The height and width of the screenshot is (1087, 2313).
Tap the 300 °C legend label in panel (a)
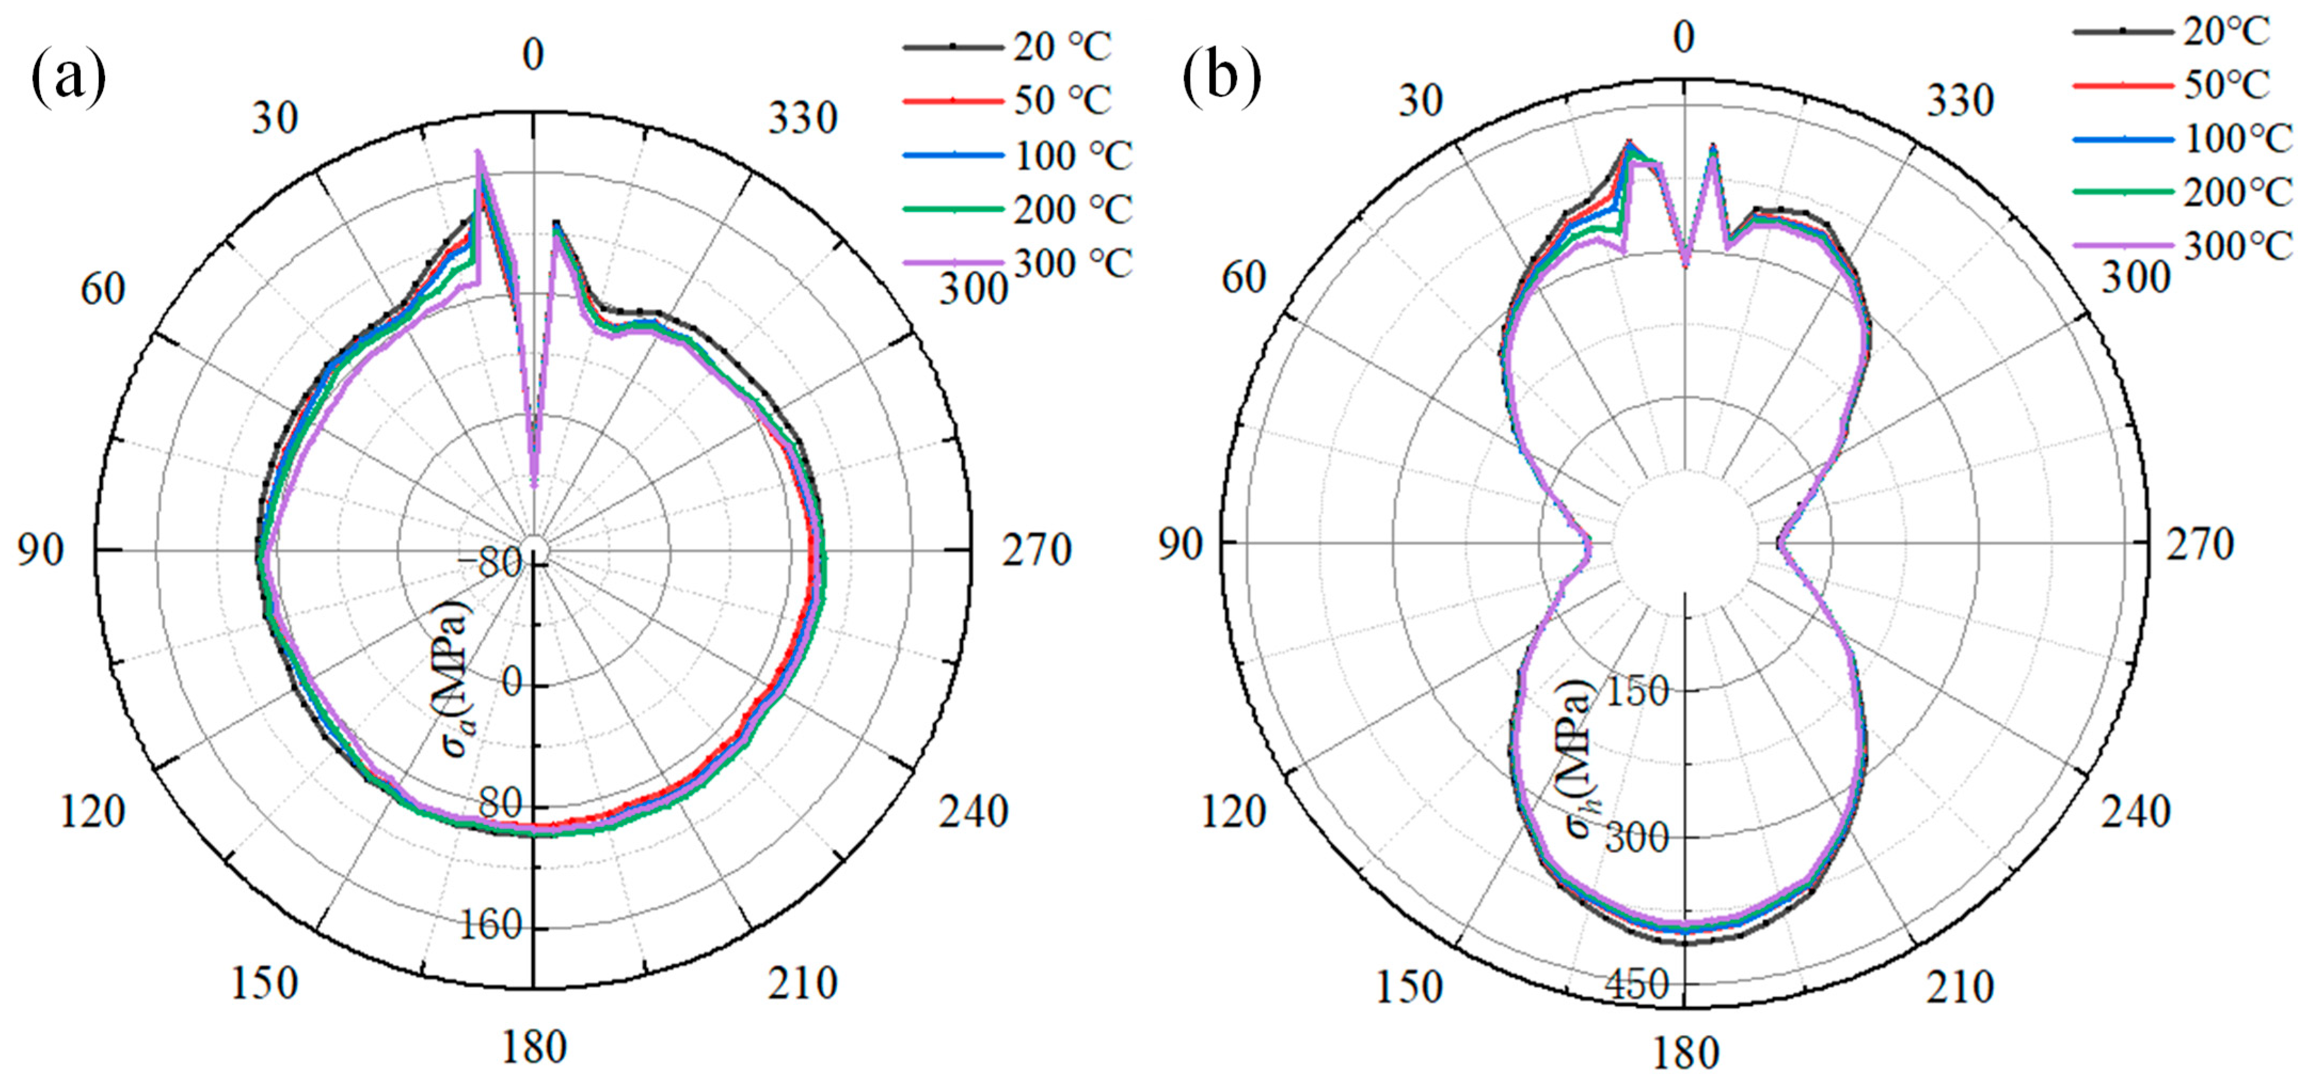pos(1073,263)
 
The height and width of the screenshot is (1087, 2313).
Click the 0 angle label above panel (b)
pos(1685,38)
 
